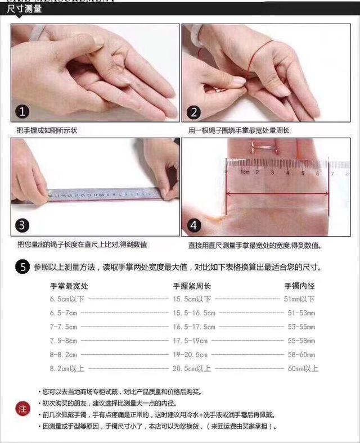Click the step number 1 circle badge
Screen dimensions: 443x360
pyautogui.click(x=22, y=111)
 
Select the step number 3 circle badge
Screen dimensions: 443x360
pyautogui.click(x=22, y=225)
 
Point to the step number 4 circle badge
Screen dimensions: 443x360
pyautogui.click(x=194, y=225)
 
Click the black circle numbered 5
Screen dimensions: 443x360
pyautogui.click(x=22, y=267)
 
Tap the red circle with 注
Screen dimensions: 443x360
pyautogui.click(x=22, y=409)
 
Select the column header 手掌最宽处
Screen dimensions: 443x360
pyautogui.click(x=69, y=286)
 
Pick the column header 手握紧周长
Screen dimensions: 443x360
pyautogui.click(x=192, y=286)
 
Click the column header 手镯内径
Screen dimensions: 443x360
pyautogui.click(x=299, y=286)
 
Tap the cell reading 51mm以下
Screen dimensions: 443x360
pyautogui.click(x=299, y=299)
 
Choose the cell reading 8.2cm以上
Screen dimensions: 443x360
pyautogui.click(x=67, y=368)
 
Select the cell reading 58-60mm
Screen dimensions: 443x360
pyautogui.click(x=301, y=355)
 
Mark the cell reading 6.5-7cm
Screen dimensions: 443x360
pyautogui.click(x=63, y=313)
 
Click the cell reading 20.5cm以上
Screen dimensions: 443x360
pyautogui.click(x=192, y=368)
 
